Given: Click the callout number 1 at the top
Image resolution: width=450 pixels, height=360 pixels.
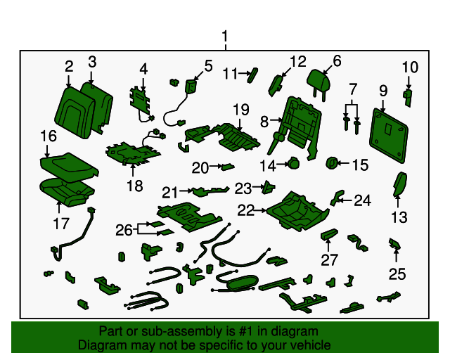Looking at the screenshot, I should [225, 36].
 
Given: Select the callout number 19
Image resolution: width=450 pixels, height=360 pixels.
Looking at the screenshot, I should [241, 110].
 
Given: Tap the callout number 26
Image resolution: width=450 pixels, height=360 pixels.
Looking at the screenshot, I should [124, 229].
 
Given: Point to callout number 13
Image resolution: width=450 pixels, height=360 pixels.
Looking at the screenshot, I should [399, 218].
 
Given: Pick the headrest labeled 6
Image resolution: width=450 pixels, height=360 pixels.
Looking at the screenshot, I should [316, 82].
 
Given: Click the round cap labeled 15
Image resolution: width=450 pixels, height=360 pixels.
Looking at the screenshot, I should [330, 164].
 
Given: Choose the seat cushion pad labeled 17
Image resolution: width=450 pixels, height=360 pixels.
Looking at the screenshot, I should [65, 191].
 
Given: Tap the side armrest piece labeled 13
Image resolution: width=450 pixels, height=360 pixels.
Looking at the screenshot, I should [398, 187].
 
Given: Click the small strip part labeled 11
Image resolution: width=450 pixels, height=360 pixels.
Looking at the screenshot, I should [254, 72].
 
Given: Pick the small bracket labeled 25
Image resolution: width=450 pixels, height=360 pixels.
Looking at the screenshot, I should [395, 244].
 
